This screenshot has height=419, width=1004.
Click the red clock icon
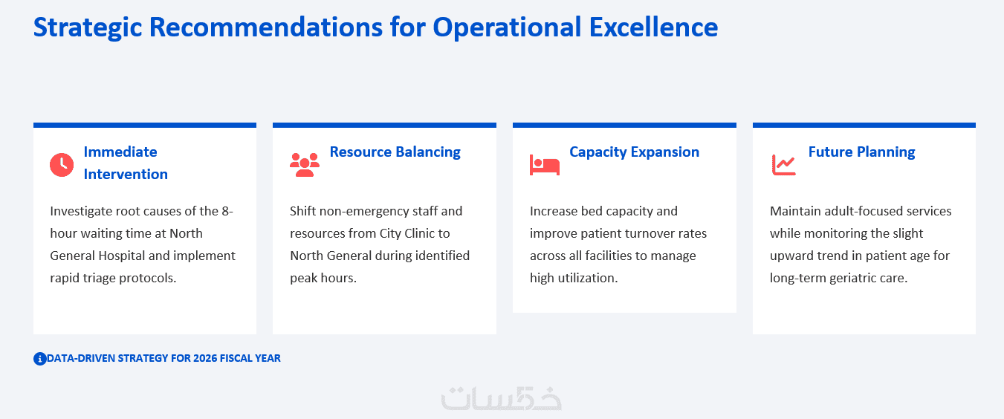coord(62,165)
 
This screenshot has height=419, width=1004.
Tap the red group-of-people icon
coord(305,165)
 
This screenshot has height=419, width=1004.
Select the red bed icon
coord(545,165)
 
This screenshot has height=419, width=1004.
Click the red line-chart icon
coord(783,165)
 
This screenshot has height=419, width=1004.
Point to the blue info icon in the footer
coord(40,359)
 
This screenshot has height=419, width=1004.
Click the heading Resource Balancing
coord(395,152)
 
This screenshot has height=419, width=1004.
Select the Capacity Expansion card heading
coord(634,152)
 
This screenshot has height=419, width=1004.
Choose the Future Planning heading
coord(861,152)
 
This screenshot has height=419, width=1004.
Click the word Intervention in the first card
coord(126,175)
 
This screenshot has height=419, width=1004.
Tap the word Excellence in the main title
coord(653,27)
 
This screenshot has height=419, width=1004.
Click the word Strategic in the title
coord(88,27)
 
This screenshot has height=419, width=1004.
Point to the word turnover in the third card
coord(647,233)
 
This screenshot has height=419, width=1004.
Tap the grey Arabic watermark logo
coord(502,398)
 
